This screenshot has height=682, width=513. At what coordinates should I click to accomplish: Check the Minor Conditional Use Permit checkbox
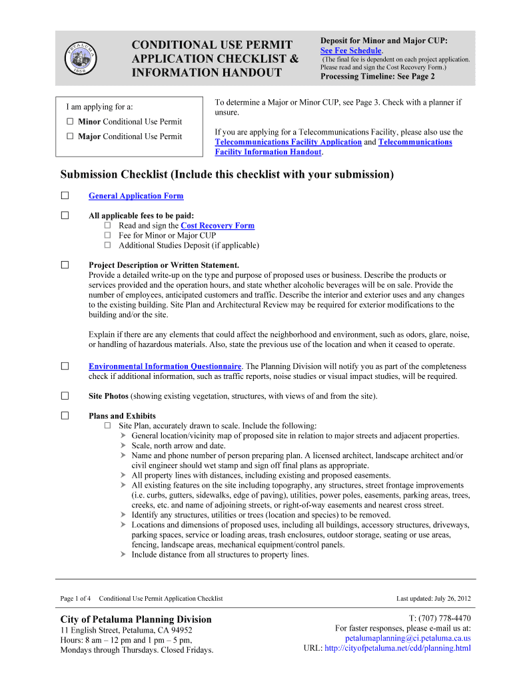[70, 122]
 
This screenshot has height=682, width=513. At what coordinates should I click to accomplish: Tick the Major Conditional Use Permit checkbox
[70, 137]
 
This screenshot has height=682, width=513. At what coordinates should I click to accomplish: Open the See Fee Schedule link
[350, 51]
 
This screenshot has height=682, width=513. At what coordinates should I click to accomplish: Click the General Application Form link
[136, 196]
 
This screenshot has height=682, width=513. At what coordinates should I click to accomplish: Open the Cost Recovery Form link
[217, 226]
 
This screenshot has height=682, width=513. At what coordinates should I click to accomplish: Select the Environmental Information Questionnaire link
[165, 366]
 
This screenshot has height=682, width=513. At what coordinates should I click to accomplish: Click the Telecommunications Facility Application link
[287, 142]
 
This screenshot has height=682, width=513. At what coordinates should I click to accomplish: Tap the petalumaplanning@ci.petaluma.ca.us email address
[408, 637]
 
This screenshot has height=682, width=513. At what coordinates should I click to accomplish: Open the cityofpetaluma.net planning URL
[398, 647]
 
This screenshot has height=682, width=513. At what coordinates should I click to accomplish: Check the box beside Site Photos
[65, 396]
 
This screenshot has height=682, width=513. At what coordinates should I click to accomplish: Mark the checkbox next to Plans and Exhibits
[65, 416]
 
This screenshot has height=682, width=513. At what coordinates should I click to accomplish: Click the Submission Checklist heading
[227, 174]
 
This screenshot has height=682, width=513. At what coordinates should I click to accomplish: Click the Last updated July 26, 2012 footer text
[433, 598]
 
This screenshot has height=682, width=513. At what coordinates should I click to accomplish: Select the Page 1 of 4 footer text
[75, 598]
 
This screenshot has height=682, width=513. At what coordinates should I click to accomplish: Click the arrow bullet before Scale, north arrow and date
[124, 446]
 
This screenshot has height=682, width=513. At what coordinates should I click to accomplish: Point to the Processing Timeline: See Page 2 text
[377, 77]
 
